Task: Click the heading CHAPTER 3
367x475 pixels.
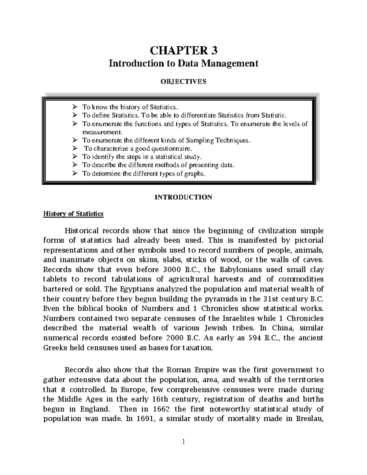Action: coord(183,50)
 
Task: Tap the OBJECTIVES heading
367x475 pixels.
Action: coord(183,81)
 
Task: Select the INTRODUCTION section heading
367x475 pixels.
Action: coord(183,197)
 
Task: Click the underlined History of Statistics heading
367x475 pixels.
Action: coord(73,213)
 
